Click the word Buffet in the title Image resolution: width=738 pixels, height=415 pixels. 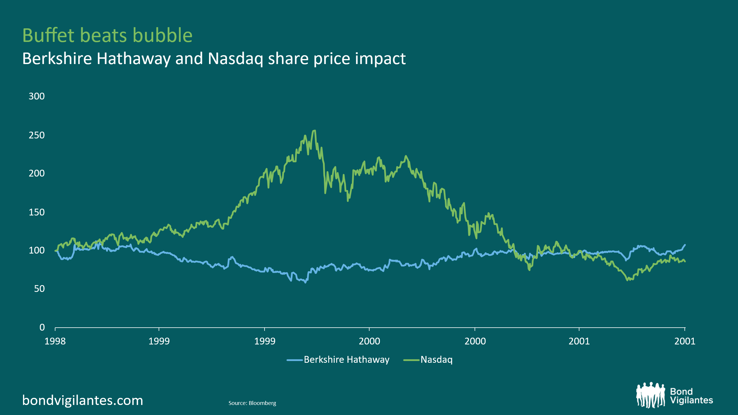[x=48, y=35]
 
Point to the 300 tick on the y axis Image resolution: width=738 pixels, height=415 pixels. [x=37, y=96]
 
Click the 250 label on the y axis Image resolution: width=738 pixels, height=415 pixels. [x=37, y=135]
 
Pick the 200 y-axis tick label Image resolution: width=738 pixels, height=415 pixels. [x=37, y=173]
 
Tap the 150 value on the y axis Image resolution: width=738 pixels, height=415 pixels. [x=37, y=212]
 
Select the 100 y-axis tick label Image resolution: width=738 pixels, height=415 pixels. [x=37, y=250]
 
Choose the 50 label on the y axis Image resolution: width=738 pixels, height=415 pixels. [x=39, y=289]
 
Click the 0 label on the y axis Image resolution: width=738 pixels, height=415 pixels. [x=42, y=327]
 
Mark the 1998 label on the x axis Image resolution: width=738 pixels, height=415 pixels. [x=55, y=342]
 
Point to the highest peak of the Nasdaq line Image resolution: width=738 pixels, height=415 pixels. [x=315, y=130]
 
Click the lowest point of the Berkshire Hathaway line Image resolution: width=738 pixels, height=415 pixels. [x=305, y=282]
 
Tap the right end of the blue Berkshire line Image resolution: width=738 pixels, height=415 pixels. [x=685, y=245]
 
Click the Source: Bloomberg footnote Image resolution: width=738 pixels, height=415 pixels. [x=252, y=403]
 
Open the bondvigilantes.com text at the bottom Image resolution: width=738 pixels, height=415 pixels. [x=83, y=401]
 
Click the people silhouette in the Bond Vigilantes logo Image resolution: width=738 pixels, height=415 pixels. [x=651, y=395]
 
